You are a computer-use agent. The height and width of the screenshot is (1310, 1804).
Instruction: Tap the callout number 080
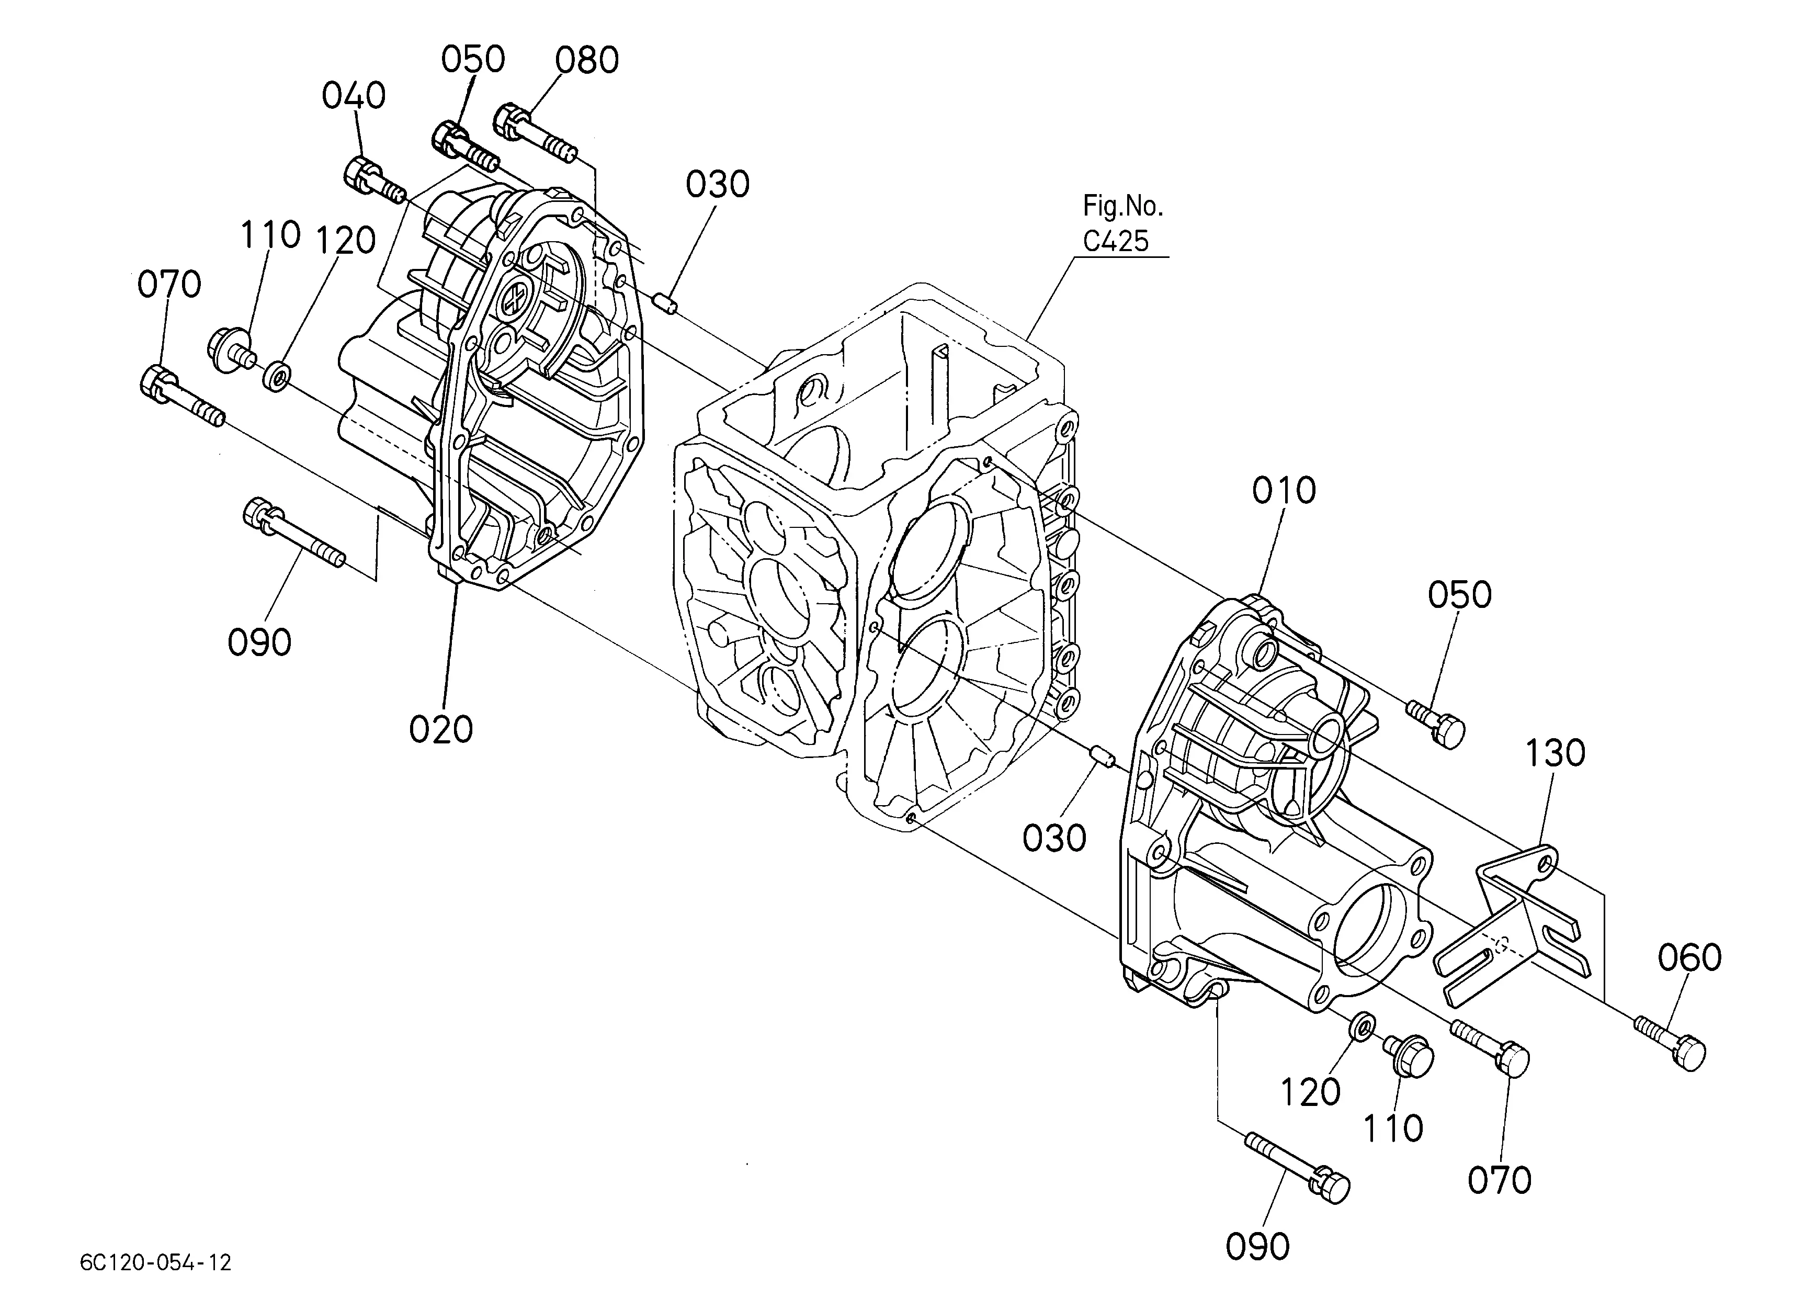(x=587, y=61)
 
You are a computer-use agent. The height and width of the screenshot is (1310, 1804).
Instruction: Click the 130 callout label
(x=1555, y=753)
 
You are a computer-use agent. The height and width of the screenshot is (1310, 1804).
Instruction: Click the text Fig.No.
(x=1122, y=207)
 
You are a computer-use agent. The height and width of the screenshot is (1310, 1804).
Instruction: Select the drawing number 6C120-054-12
(x=156, y=1262)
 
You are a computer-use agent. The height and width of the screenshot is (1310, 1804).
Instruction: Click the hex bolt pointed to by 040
(x=375, y=182)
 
